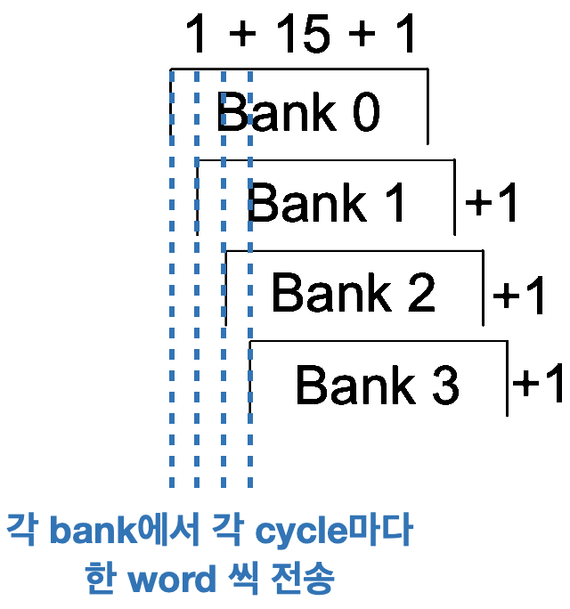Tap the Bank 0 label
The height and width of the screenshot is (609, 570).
pyautogui.click(x=297, y=113)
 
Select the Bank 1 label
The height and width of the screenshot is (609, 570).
pyautogui.click(x=327, y=203)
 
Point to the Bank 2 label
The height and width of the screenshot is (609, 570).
pyautogui.click(x=353, y=292)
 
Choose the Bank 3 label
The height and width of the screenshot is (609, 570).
pyautogui.click(x=377, y=385)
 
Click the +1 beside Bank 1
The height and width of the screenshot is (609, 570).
pyautogui.click(x=493, y=206)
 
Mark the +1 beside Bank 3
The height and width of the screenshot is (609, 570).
pyautogui.click(x=541, y=385)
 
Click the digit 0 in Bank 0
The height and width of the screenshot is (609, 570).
pyautogui.click(x=365, y=114)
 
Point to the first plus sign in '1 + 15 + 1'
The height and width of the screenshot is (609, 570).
pyautogui.click(x=241, y=37)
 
